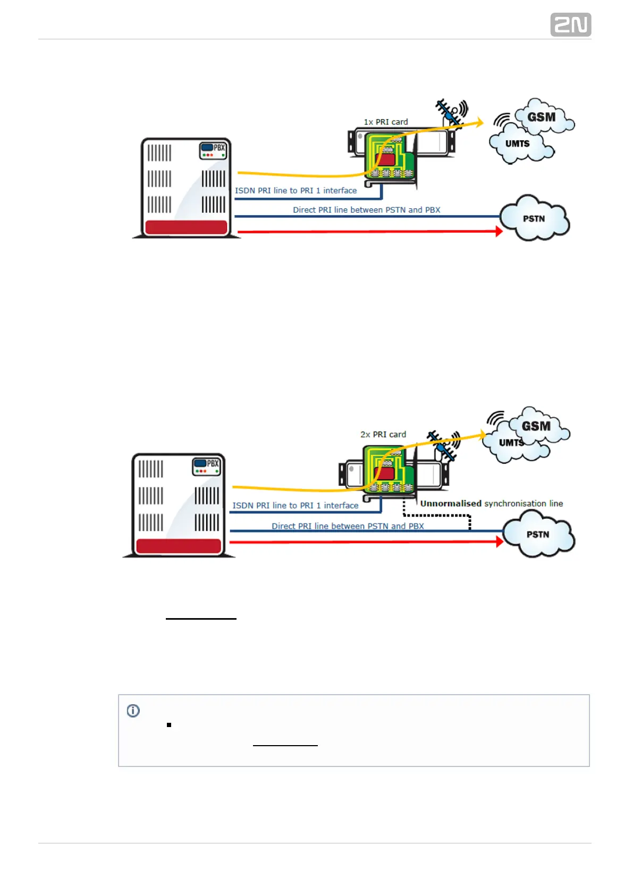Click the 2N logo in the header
pos(570,25)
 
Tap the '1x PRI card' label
pos(386,122)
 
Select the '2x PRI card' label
pos(383,434)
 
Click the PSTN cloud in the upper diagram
pos(534,218)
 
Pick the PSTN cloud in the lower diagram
pos(538,534)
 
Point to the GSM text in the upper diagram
pos(541,117)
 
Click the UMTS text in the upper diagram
pos(517,143)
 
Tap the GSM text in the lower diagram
pos(536,426)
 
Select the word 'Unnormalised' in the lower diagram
pos(451,503)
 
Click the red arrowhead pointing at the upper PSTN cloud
pos(499,231)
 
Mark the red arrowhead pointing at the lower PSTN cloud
pos(499,542)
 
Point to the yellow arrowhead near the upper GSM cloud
pos(479,123)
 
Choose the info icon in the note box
pos(133,711)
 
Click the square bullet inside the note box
pos(169,725)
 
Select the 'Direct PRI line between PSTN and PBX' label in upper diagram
pos(366,210)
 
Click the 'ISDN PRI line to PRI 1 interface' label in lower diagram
pos(295,505)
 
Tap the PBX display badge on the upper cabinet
pos(213,150)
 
